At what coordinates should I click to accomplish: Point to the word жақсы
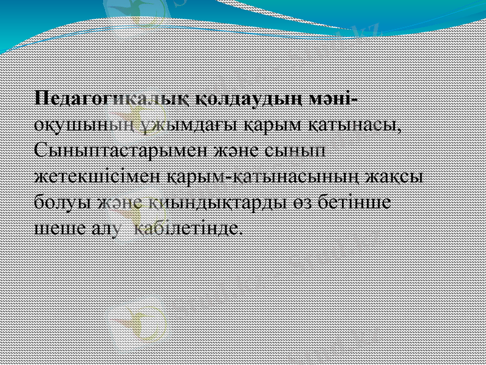[397, 176]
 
